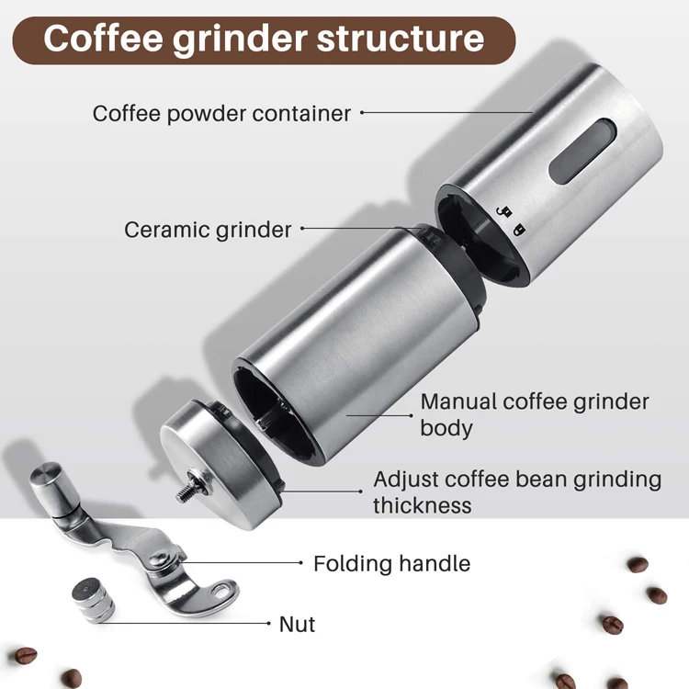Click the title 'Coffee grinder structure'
coord(264,40)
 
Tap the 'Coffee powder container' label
coord(221,114)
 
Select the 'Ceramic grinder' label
coord(208,230)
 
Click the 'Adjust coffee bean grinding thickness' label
coord(516,491)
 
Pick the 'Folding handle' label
coord(391,563)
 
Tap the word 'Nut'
coord(297,625)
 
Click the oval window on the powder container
coord(571,148)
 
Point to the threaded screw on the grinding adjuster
coord(188,486)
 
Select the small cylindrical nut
coord(93,598)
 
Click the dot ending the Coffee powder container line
coord(362,113)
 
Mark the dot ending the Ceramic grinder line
coord(302,229)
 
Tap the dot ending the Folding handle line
coord(300,562)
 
